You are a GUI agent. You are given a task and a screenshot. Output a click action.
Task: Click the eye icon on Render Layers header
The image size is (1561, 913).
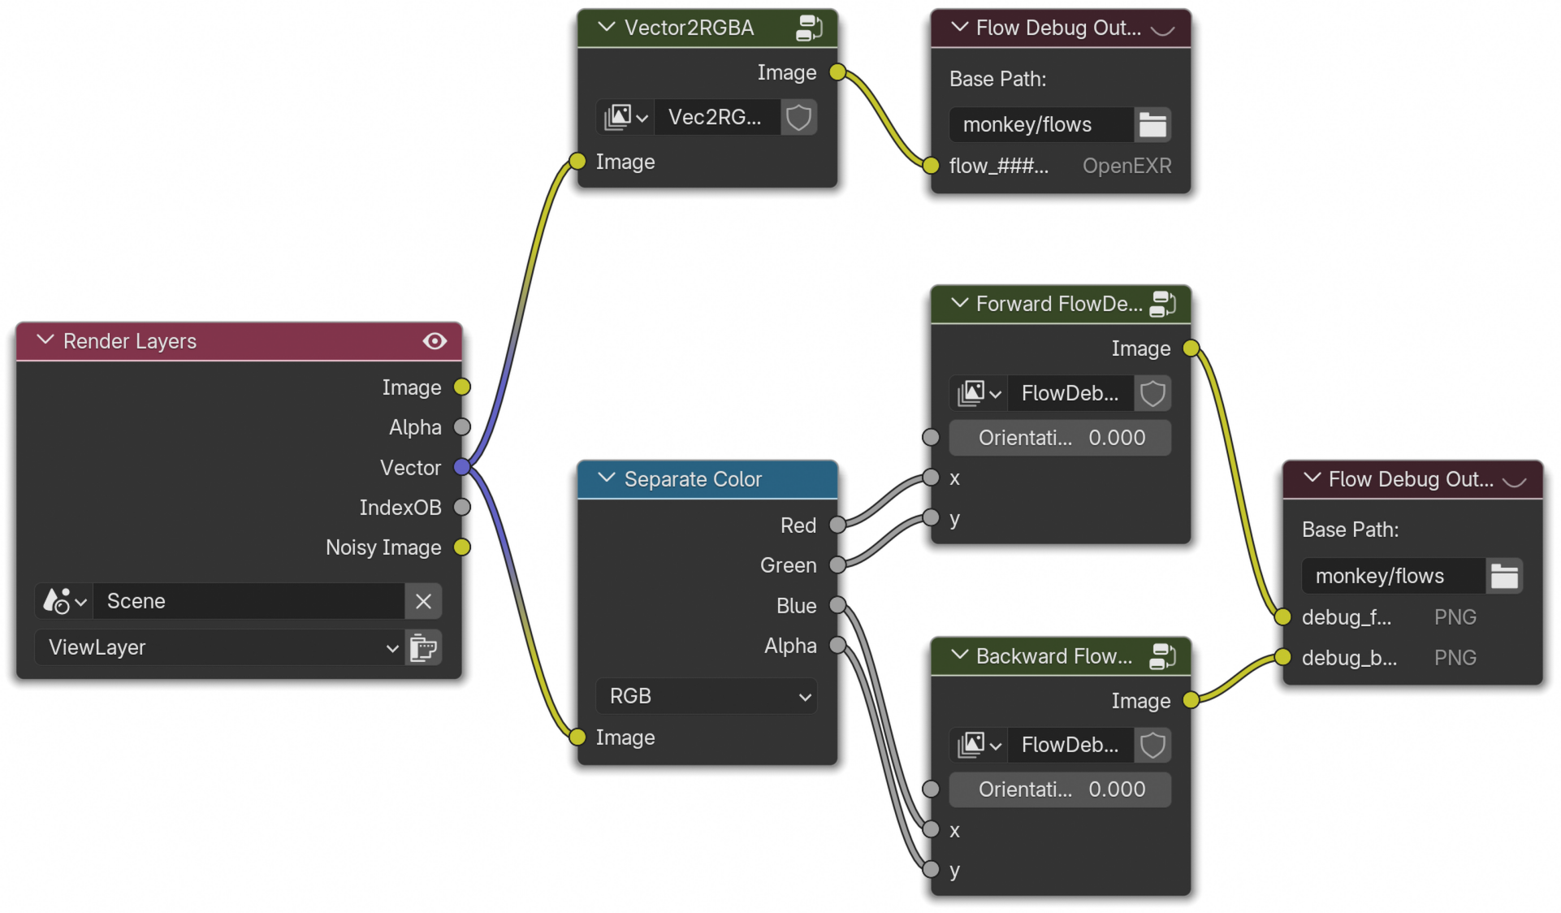tap(435, 341)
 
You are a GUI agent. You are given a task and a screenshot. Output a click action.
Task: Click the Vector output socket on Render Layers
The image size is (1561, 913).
tap(462, 467)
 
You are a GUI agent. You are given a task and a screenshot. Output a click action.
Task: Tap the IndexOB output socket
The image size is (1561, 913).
tap(462, 507)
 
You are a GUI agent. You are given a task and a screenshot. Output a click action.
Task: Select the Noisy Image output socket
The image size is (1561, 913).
tap(462, 547)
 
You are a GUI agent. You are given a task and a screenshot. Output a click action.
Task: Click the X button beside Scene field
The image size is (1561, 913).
tap(423, 601)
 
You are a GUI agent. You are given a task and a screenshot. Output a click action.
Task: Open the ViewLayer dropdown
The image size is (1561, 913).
tap(219, 647)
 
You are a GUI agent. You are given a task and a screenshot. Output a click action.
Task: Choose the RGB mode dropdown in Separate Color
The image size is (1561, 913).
tap(707, 696)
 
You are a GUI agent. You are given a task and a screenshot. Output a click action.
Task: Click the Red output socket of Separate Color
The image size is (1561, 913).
tap(837, 526)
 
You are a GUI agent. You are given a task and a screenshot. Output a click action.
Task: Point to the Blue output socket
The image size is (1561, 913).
tap(837, 605)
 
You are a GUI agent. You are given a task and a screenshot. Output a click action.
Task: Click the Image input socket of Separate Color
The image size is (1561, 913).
tap(577, 737)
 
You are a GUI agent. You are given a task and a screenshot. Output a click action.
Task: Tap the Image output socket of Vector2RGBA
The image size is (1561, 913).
tap(837, 72)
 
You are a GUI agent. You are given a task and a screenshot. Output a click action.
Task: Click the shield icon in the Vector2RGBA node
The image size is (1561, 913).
tap(799, 118)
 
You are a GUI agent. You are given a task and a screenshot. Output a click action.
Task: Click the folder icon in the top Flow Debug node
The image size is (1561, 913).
tap(1152, 125)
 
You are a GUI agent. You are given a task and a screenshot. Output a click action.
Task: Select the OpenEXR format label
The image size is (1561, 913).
tap(1126, 166)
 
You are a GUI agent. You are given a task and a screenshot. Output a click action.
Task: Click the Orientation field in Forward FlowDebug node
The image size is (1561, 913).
tap(1060, 438)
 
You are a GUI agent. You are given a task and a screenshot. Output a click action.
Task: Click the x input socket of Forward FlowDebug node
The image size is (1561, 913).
tap(932, 478)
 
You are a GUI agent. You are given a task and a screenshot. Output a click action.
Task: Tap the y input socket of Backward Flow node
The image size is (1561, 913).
tap(932, 869)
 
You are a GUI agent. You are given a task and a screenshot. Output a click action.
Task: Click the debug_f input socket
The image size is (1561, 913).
tap(1283, 617)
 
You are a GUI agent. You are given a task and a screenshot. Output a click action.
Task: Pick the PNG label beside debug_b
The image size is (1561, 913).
tap(1455, 658)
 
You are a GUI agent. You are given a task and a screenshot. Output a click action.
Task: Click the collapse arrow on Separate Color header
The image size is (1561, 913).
tap(606, 478)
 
